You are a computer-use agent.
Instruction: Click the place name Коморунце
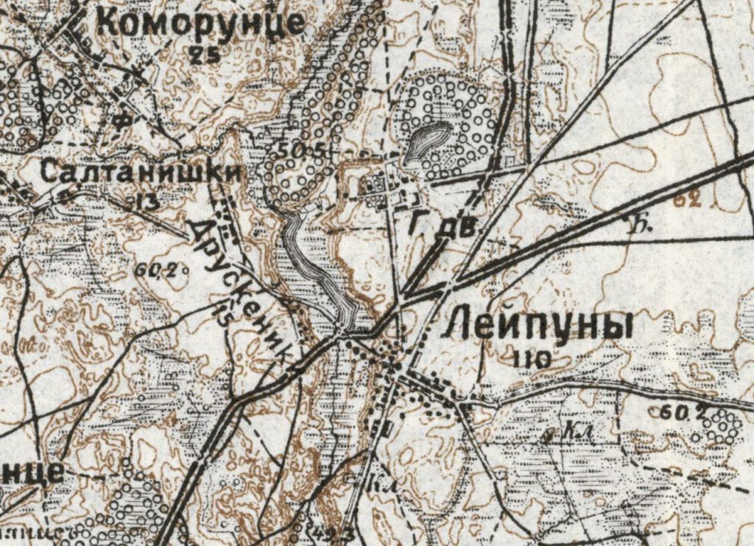point(200,22)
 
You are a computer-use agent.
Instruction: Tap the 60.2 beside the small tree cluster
point(676,413)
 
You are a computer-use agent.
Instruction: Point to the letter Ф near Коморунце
point(124,119)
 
